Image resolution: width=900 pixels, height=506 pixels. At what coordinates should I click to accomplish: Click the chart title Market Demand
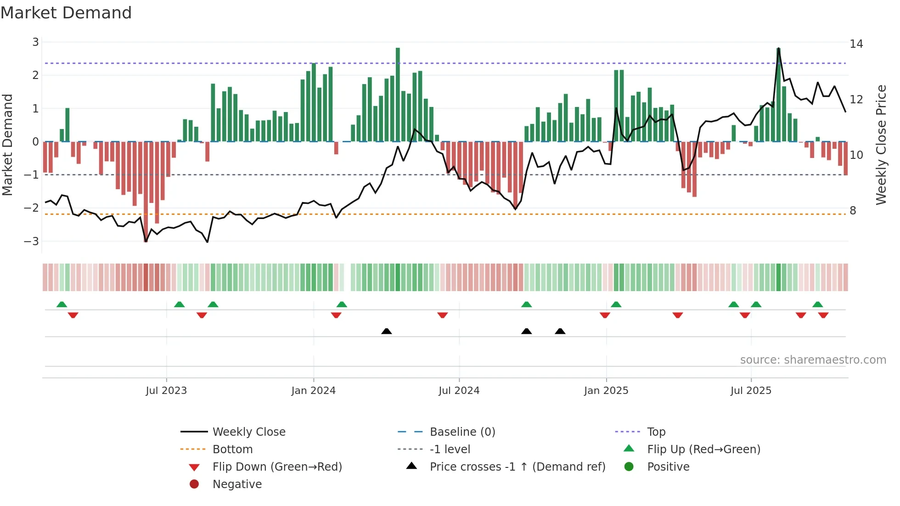pyautogui.click(x=66, y=13)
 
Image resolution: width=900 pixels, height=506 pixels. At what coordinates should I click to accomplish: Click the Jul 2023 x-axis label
pyautogui.click(x=166, y=391)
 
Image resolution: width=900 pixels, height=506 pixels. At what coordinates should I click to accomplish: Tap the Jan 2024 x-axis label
pyautogui.click(x=314, y=391)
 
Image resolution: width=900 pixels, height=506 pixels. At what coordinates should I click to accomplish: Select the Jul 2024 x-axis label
pyautogui.click(x=459, y=391)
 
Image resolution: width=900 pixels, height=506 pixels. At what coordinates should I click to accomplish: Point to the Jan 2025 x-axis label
pyautogui.click(x=606, y=391)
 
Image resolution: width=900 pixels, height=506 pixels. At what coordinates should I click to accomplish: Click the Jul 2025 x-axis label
pyautogui.click(x=751, y=391)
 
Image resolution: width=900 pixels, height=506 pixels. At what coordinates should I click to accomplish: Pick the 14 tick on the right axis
pyautogui.click(x=856, y=44)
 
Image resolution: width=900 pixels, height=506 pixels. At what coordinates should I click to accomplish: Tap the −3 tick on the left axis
pyautogui.click(x=32, y=241)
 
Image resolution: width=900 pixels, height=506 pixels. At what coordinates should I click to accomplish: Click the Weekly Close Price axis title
pyautogui.click(x=881, y=145)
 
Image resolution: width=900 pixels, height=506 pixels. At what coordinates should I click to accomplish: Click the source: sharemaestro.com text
pyautogui.click(x=813, y=360)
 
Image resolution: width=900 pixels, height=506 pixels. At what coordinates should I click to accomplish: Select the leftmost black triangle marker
pyautogui.click(x=387, y=332)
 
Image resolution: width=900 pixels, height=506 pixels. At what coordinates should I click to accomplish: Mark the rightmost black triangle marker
pyautogui.click(x=560, y=332)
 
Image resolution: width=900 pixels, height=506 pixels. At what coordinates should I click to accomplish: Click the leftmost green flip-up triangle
pyautogui.click(x=62, y=304)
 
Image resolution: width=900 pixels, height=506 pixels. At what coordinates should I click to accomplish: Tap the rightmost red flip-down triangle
pyautogui.click(x=823, y=315)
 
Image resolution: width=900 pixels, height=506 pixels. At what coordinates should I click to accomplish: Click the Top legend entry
pyautogui.click(x=656, y=432)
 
